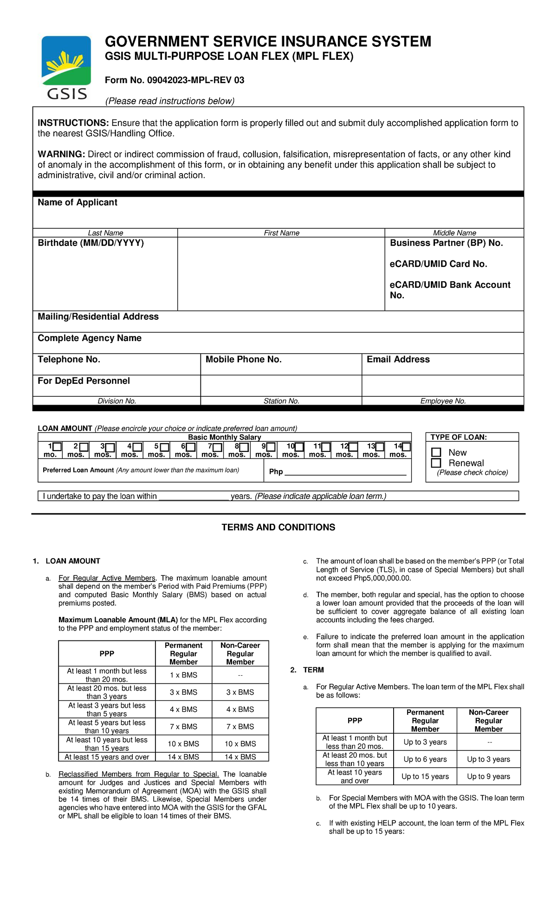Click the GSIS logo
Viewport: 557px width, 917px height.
(66, 68)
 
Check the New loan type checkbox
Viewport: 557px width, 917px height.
(436, 452)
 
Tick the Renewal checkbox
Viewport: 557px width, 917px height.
(436, 463)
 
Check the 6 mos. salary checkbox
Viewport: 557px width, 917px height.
(191, 447)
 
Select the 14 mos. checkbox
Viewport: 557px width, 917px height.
(406, 447)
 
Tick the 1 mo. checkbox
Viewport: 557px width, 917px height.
(57, 447)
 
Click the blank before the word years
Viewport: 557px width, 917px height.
(194, 497)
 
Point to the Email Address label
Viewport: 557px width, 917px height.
(398, 359)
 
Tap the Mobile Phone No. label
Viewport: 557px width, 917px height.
(243, 359)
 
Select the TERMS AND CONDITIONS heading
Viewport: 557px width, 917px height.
(278, 527)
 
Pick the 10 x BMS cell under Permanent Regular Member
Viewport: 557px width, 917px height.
(183, 743)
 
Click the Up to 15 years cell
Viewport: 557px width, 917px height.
(425, 776)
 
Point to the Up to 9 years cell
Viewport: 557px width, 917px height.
(488, 776)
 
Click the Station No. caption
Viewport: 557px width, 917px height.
(281, 401)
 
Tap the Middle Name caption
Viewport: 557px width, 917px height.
(454, 233)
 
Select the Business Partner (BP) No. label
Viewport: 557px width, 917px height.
(446, 243)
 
